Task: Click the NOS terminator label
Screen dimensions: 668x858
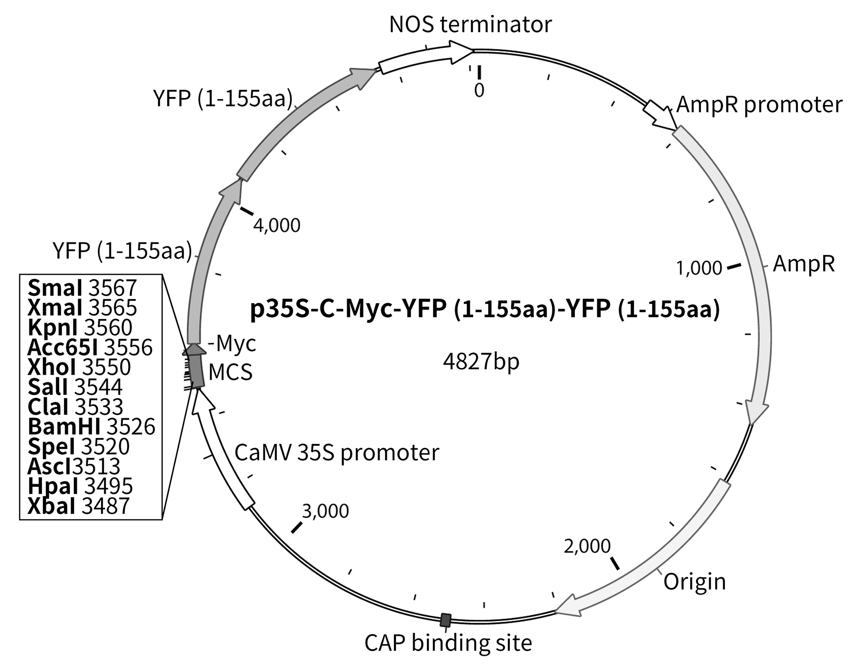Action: [x=470, y=24]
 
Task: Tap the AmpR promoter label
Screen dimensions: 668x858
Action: [x=759, y=105]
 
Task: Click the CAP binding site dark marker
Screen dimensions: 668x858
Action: [x=446, y=620]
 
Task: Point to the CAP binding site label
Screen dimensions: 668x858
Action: [x=448, y=643]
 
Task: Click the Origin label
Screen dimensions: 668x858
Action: [x=695, y=582]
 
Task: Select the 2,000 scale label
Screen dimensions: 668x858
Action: [x=587, y=546]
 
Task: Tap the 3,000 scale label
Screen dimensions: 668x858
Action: [x=325, y=511]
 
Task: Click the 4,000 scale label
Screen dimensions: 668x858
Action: [x=277, y=225]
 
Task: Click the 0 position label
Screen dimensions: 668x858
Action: [x=479, y=91]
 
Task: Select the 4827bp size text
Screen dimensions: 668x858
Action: [x=481, y=362]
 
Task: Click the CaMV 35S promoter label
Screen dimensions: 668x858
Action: [x=337, y=453]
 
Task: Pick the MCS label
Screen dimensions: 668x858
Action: [x=230, y=372]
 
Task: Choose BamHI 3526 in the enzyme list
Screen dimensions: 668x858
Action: [x=91, y=426]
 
